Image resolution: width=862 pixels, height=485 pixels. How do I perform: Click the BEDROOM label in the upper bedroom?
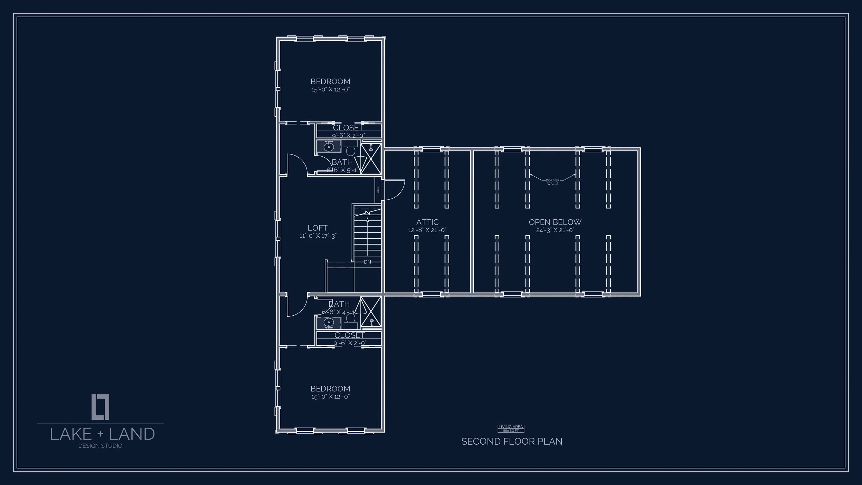(330, 81)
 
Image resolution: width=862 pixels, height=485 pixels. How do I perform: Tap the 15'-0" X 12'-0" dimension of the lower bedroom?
(330, 397)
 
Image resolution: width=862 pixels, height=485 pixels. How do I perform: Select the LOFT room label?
(318, 228)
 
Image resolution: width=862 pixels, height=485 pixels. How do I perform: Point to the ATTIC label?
(427, 222)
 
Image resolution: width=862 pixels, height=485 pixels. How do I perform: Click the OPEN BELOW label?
(555, 222)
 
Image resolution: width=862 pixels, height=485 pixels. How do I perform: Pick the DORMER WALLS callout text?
(552, 182)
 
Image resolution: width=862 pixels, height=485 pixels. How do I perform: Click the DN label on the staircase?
(367, 262)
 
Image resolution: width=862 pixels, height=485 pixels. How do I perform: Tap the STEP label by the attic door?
(378, 190)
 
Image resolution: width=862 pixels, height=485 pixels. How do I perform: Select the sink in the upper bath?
(329, 147)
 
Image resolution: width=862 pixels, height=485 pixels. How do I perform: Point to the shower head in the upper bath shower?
(371, 149)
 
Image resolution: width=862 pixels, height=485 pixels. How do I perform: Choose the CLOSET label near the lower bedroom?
(349, 335)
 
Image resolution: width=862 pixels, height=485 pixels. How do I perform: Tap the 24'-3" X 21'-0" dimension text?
(555, 230)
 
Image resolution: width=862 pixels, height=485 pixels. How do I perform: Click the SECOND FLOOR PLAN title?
(512, 442)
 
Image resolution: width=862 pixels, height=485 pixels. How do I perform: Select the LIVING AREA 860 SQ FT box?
(511, 428)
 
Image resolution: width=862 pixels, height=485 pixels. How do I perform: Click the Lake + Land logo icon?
(100, 407)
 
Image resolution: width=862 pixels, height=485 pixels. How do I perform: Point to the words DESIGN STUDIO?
(100, 446)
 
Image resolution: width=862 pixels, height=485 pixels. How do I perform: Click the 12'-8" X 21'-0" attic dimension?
(427, 230)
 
